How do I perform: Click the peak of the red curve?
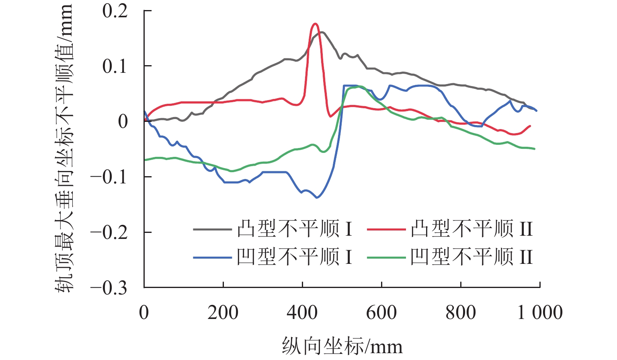(x=315, y=24)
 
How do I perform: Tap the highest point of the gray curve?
(x=322, y=32)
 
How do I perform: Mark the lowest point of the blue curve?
(x=317, y=197)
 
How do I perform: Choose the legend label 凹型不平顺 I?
(x=295, y=257)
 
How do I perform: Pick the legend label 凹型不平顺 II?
(x=471, y=257)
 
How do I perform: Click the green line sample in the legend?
(x=386, y=257)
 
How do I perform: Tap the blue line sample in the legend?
(x=212, y=257)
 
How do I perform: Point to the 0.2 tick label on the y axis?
(x=115, y=11)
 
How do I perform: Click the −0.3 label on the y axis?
(x=109, y=288)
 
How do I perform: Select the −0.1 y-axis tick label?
(x=109, y=177)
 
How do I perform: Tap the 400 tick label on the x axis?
(x=302, y=313)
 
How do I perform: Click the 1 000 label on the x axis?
(x=540, y=313)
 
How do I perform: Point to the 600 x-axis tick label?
(x=381, y=313)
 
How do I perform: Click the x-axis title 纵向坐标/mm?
(x=342, y=346)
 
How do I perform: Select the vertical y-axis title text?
(x=64, y=149)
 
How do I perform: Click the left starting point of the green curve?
(x=145, y=160)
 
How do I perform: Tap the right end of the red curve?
(x=531, y=126)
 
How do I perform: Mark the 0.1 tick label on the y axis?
(x=115, y=66)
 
